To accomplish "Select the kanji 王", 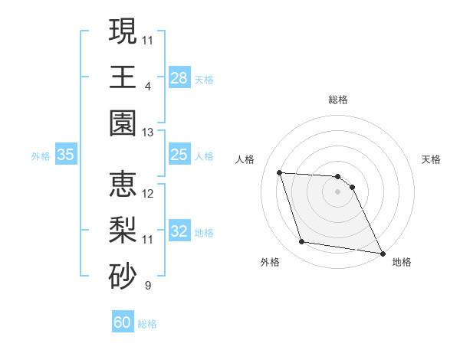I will [123, 77].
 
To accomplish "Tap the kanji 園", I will [123, 123].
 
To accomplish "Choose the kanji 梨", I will [123, 231].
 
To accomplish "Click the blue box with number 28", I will [179, 78].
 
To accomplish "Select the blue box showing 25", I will [179, 155].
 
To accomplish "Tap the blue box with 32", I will [179, 232].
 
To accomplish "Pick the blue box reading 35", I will [66, 155].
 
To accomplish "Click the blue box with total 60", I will [123, 322].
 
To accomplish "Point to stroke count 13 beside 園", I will [148, 133].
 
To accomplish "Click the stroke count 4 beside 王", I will [148, 87].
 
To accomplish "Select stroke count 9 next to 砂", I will [148, 286].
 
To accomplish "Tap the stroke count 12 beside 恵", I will [148, 194].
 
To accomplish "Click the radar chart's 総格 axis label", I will [338, 100].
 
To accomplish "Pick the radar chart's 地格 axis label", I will [402, 262].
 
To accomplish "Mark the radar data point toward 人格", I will [280, 172].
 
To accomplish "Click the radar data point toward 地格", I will [383, 253].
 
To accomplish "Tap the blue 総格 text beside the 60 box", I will [147, 324].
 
